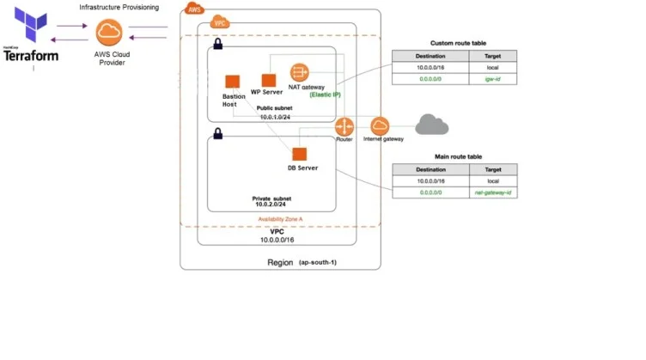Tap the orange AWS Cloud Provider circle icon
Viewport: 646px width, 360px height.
(x=109, y=33)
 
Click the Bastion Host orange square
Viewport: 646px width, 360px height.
(x=231, y=82)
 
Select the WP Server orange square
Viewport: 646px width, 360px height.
(x=268, y=80)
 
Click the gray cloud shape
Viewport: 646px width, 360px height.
(x=431, y=125)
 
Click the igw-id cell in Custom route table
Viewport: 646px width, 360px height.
(x=493, y=77)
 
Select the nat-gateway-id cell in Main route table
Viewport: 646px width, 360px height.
(x=493, y=194)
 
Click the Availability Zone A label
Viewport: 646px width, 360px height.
(x=281, y=219)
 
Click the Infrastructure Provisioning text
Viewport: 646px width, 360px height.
(x=119, y=7)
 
